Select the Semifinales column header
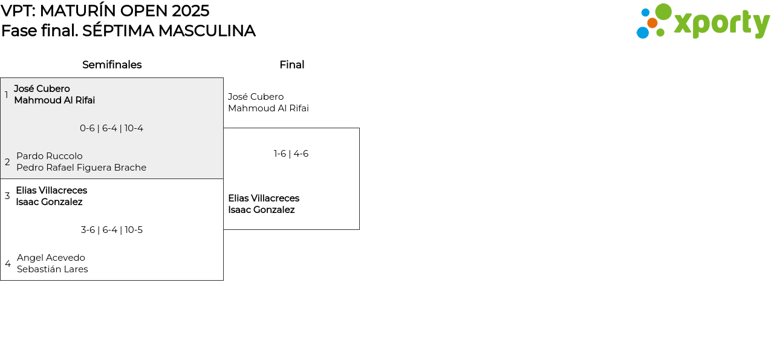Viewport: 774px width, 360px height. [112, 65]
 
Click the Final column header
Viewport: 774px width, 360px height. [291, 65]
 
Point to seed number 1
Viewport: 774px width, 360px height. [7, 95]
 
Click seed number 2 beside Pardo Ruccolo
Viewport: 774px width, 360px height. [7, 162]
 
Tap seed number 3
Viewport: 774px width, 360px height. [7, 196]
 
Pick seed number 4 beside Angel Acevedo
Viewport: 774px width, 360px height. [8, 264]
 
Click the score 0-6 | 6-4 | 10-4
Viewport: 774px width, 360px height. [111, 128]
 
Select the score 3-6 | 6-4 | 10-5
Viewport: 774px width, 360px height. [112, 230]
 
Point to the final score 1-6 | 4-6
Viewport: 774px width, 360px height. [291, 154]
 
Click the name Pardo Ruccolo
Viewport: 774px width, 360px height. [50, 156]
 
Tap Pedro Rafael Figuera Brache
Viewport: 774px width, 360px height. [81, 168]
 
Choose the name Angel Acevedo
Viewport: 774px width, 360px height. [51, 258]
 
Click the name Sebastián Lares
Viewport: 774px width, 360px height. [52, 269]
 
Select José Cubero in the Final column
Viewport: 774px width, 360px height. [256, 97]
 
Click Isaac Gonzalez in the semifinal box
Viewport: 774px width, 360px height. [49, 202]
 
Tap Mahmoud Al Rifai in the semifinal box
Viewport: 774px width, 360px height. [54, 100]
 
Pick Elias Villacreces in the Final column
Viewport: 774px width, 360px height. [264, 198]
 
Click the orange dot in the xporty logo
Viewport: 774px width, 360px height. [652, 23]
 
